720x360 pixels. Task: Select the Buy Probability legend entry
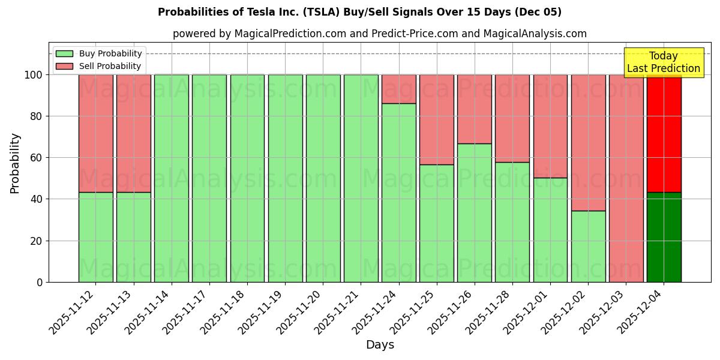(x=110, y=53)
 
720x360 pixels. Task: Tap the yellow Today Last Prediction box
(x=663, y=62)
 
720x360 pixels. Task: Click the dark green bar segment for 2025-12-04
(x=664, y=237)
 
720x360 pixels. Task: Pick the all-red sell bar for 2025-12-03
(x=626, y=178)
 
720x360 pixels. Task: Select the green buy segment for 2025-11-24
(x=398, y=192)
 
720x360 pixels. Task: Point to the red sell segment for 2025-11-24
(x=398, y=89)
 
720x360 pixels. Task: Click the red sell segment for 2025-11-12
(x=95, y=133)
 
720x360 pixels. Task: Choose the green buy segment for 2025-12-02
(x=588, y=246)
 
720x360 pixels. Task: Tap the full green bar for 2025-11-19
(x=285, y=178)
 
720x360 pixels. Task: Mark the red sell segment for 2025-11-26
(x=474, y=109)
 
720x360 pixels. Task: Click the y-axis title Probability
(x=15, y=163)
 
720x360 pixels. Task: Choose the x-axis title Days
(x=380, y=345)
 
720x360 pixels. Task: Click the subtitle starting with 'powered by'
(x=379, y=34)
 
